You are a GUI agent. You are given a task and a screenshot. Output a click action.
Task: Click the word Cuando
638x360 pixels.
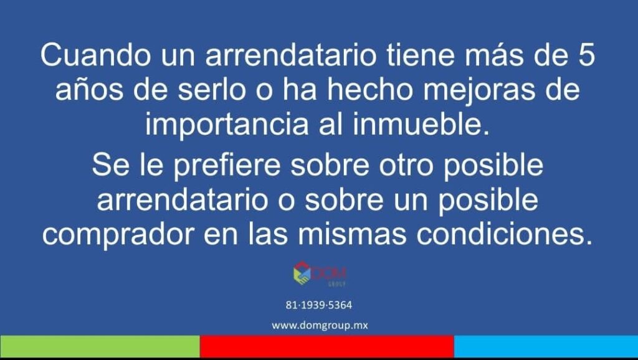(95, 55)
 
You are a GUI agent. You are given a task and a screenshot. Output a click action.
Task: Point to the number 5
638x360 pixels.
(586, 55)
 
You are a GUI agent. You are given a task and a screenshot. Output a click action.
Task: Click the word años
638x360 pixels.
(89, 90)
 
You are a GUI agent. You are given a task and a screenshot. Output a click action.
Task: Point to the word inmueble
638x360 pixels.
(421, 124)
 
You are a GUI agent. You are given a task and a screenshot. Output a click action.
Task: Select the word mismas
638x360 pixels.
(352, 234)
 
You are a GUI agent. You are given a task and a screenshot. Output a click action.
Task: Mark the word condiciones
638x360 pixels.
(504, 234)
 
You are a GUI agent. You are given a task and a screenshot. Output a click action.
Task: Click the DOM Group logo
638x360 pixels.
(320, 274)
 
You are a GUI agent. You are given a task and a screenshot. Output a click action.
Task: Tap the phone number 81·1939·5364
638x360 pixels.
(318, 305)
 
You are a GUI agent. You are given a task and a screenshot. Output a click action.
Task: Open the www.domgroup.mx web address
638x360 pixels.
(320, 326)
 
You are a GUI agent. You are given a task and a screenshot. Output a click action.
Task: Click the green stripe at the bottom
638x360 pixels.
(100, 346)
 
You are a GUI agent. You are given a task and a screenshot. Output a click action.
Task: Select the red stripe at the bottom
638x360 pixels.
(326, 346)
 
